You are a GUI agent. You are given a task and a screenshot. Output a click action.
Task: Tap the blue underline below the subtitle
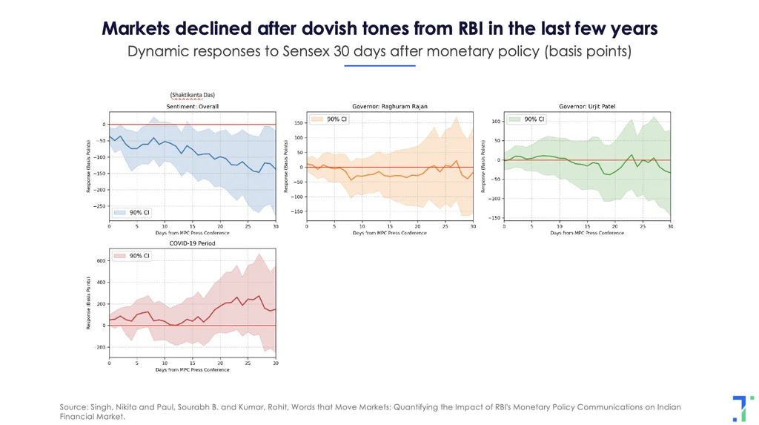[379, 66]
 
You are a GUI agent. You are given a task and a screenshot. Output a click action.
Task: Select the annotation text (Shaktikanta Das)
[192, 95]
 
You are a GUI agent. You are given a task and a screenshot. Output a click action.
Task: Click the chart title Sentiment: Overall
[192, 107]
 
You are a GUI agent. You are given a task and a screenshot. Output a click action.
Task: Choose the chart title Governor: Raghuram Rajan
[389, 107]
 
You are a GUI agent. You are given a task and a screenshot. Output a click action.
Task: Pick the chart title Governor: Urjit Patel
[587, 107]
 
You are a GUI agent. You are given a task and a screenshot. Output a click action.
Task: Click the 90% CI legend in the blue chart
[134, 212]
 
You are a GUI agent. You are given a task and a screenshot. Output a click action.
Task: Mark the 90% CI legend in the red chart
[134, 256]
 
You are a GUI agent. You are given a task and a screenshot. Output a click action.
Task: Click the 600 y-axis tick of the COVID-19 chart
[101, 261]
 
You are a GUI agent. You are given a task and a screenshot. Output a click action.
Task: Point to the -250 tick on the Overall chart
[99, 205]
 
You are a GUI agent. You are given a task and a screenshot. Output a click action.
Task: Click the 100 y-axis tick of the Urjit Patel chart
[495, 121]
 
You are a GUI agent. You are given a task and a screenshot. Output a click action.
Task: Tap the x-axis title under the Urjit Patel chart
[587, 233]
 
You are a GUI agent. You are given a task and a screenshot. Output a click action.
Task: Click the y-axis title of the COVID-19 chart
[90, 305]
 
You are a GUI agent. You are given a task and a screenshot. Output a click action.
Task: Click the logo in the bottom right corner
[739, 409]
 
